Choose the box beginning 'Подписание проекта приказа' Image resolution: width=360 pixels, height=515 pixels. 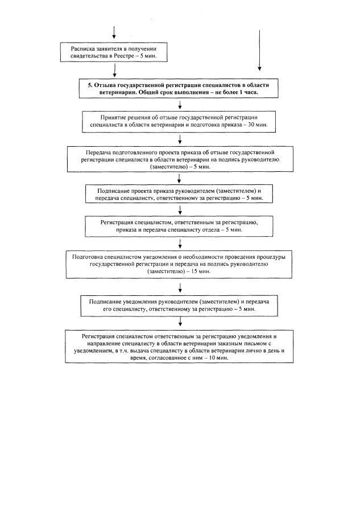179,195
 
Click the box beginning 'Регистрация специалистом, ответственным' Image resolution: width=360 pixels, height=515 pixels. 179,226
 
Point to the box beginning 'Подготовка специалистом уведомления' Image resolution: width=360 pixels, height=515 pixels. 179,263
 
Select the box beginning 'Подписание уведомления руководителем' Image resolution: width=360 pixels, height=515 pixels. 179,303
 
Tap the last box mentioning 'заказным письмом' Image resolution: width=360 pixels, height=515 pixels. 179,347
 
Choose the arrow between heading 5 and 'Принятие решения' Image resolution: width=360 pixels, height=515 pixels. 180,104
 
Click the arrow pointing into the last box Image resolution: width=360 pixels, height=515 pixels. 180,322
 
